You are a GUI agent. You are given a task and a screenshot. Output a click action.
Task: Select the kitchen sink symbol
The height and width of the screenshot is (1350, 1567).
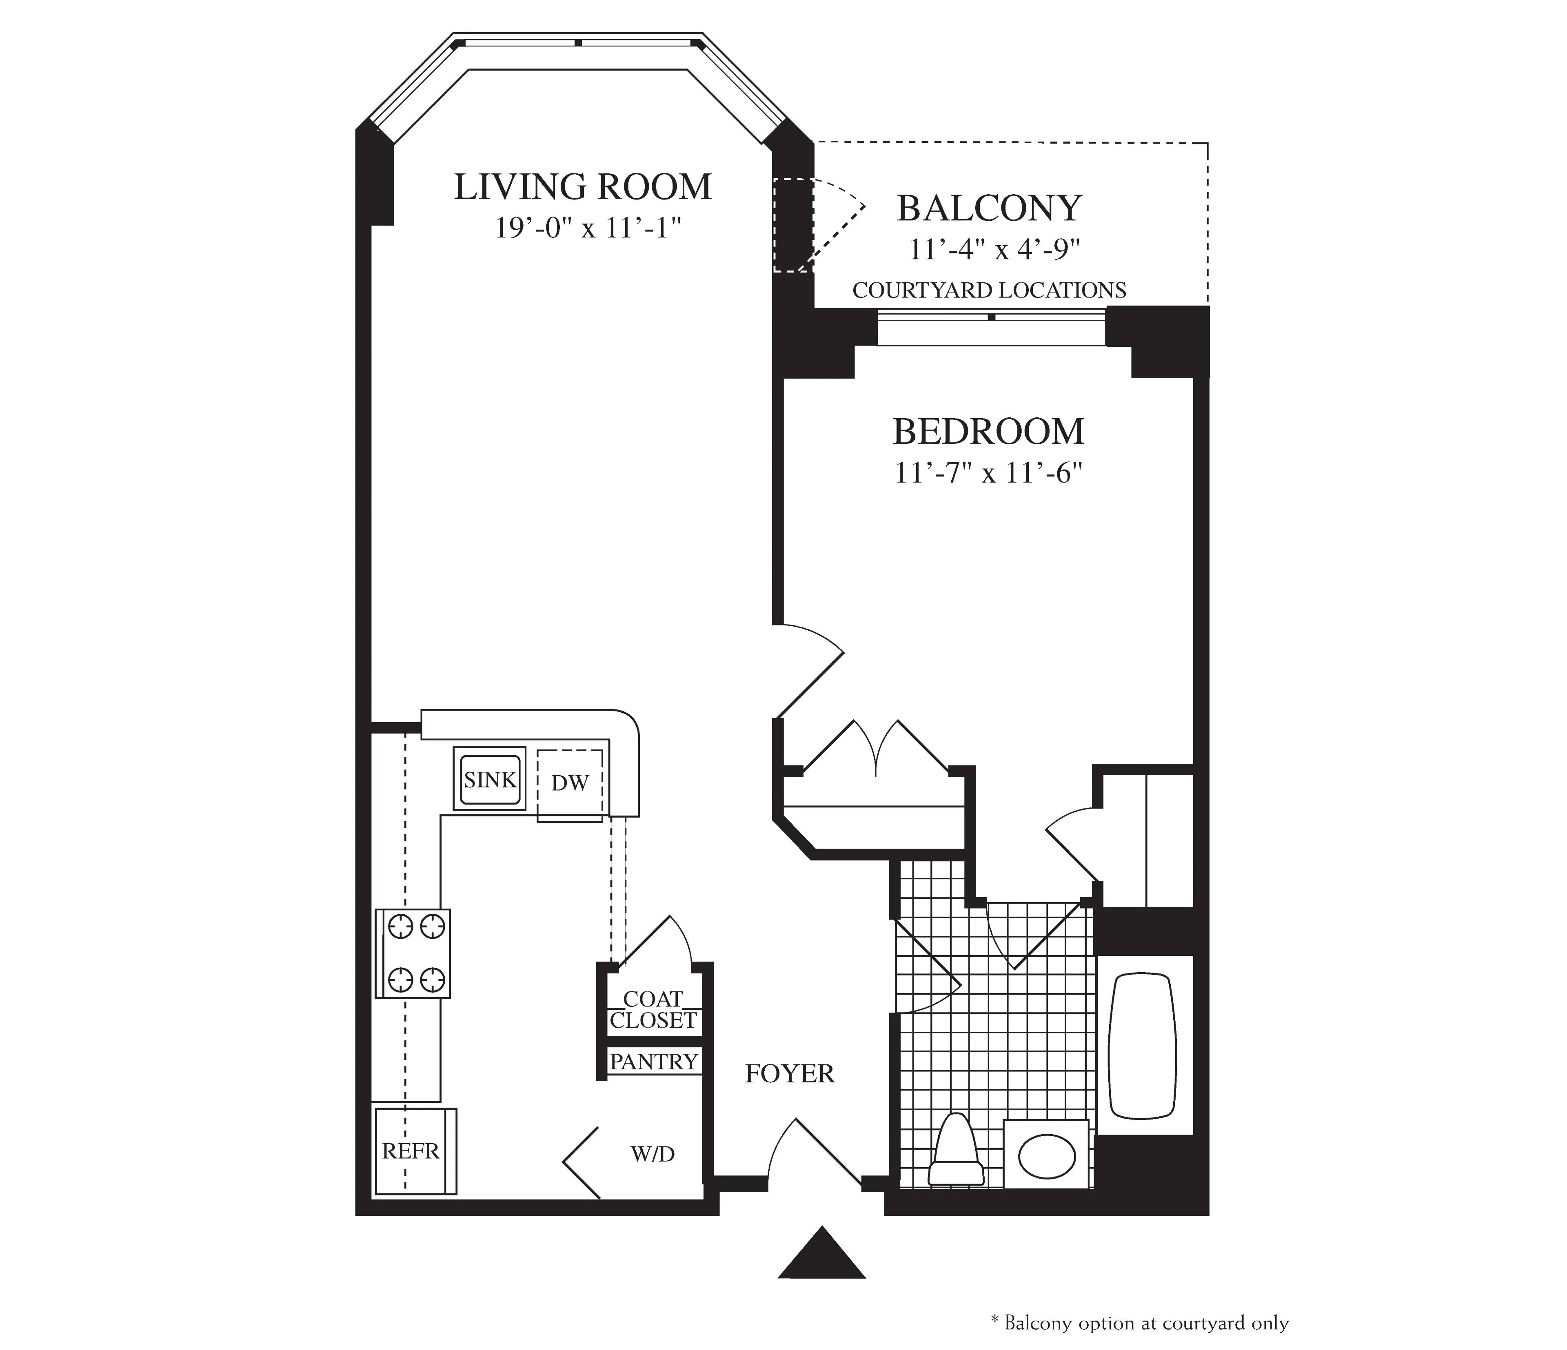(489, 779)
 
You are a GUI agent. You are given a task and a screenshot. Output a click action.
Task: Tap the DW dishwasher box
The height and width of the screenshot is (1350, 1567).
(570, 784)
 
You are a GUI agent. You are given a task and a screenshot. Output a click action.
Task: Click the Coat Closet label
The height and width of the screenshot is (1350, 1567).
(653, 1010)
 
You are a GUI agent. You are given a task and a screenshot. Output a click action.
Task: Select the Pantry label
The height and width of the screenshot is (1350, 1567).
(653, 1062)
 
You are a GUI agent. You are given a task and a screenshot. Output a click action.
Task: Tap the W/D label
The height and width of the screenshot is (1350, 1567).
(652, 1154)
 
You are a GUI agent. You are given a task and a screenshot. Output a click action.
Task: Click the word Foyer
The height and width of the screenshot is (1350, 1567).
(790, 1074)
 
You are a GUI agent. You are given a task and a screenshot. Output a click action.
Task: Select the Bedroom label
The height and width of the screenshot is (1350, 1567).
(988, 432)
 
